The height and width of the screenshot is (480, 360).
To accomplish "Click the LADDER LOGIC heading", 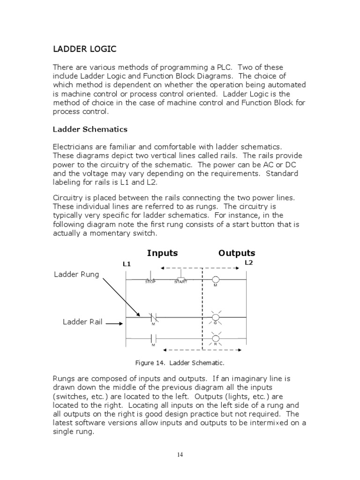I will coord(84,49).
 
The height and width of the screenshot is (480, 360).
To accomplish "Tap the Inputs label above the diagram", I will coord(162,253).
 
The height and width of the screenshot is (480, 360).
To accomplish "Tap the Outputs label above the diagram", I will coord(237,253).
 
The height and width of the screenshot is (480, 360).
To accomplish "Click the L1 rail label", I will coord(127,264).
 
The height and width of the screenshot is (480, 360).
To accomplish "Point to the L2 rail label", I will coord(248,263).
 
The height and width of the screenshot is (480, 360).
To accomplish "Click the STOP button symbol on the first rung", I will coord(150,278).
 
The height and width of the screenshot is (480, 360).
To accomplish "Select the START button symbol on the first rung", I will coord(181,278).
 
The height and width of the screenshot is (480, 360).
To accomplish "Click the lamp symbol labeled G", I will coord(216,318).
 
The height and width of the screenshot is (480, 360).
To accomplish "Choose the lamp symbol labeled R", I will coord(216,338).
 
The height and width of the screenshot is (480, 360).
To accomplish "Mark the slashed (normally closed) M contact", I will coord(153,318).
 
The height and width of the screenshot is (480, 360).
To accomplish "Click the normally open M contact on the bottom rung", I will coord(153,338).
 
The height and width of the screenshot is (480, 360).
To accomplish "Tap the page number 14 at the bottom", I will coord(180,454).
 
